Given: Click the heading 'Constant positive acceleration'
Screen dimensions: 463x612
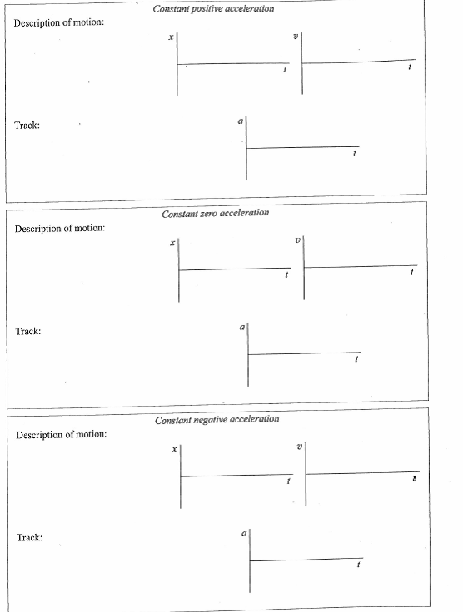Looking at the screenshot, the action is (x=213, y=8).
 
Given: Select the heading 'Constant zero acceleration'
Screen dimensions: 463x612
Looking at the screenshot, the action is (x=216, y=213).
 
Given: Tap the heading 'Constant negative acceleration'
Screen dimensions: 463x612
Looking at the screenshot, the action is (x=217, y=419).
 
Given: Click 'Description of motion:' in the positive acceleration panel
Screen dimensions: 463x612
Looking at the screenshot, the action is (x=59, y=22).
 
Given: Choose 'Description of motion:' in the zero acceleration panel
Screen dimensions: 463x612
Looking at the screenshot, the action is (x=60, y=228).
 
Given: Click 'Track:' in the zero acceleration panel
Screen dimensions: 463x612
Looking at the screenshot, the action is (x=28, y=332).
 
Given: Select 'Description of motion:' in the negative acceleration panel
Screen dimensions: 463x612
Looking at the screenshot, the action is (x=62, y=434).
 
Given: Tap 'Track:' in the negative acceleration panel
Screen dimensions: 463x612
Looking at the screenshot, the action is (x=30, y=538).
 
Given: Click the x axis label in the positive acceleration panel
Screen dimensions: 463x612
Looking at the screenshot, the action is (x=170, y=37).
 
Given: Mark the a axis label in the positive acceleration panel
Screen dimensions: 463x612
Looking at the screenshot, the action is (x=240, y=121).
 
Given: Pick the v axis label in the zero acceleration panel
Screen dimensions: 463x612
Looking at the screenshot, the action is (x=297, y=240).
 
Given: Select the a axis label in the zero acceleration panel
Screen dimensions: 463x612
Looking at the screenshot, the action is (x=241, y=327).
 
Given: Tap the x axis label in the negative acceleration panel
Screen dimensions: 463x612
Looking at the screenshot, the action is (x=174, y=449).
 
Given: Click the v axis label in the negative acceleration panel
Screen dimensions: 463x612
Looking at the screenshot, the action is (x=300, y=447).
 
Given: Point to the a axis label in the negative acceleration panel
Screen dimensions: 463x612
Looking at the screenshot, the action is (x=243, y=533).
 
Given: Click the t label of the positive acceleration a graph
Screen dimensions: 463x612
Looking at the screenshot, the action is (x=356, y=155).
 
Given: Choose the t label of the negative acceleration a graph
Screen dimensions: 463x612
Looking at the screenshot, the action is (x=359, y=565).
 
